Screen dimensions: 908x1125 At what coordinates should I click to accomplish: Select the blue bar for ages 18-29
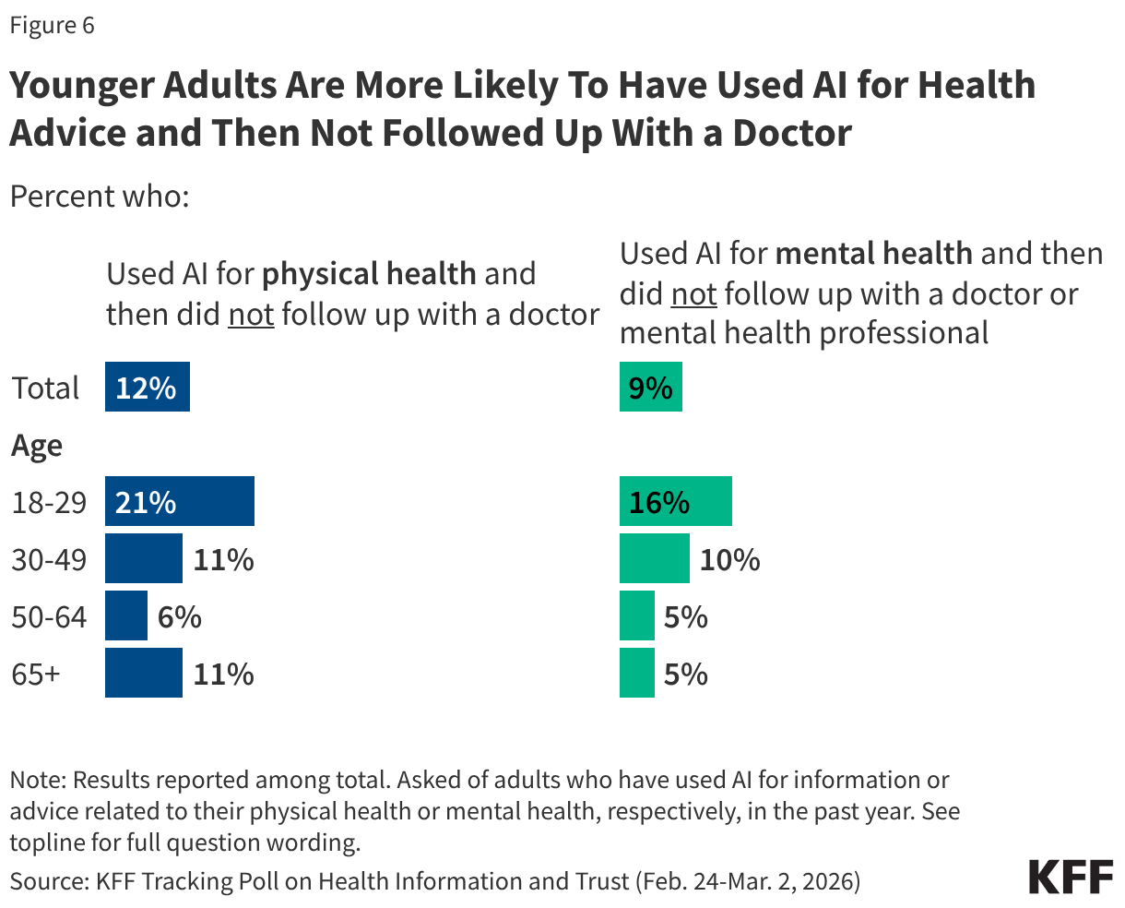tap(179, 502)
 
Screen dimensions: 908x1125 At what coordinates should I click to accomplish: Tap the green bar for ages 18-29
tap(675, 502)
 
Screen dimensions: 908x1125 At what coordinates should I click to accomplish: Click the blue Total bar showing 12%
tap(147, 388)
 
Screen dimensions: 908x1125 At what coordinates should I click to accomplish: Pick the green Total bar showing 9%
tap(650, 388)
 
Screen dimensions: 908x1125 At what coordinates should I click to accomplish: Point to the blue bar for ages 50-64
tap(125, 616)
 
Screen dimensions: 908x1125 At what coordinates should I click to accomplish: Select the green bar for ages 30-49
tap(654, 559)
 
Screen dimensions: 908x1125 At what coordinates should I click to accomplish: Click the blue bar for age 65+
tap(143, 674)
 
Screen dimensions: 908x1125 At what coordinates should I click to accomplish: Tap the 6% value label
tap(179, 616)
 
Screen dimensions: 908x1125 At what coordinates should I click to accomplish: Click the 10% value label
tap(729, 559)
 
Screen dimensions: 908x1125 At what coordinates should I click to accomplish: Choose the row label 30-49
tap(49, 559)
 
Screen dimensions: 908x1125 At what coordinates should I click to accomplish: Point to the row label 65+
tap(36, 674)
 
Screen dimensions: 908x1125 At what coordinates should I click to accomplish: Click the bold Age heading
tap(37, 446)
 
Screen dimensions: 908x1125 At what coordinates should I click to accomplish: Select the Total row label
tap(45, 388)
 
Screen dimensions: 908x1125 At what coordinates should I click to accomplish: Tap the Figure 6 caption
tap(52, 25)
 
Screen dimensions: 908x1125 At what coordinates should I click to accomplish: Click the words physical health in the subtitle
tap(369, 274)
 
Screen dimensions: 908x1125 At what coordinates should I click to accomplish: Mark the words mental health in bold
tap(873, 253)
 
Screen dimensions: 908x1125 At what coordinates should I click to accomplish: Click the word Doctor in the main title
tap(791, 133)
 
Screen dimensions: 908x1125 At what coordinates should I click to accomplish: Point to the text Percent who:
tap(99, 197)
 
